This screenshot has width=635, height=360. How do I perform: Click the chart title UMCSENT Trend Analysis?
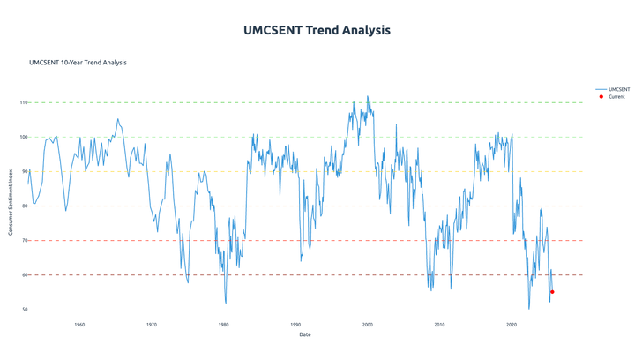coord(317,30)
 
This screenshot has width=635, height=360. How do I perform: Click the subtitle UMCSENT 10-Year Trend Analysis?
coord(78,63)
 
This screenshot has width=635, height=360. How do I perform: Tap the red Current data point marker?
coord(552,292)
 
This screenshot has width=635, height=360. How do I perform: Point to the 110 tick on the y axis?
coord(23,102)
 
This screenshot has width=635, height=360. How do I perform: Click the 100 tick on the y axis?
coord(23,137)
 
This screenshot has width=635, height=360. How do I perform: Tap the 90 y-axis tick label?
coord(25,171)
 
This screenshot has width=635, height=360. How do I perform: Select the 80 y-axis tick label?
coord(25,206)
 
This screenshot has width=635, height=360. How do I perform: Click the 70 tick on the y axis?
coord(25,240)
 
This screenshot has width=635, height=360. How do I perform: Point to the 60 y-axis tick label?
coord(25,274)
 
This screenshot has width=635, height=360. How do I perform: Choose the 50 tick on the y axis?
coord(25,309)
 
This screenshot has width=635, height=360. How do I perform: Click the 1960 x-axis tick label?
coord(79,325)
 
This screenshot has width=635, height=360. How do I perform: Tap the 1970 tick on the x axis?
coord(152,325)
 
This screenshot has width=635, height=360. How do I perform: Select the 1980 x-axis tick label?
coord(223,325)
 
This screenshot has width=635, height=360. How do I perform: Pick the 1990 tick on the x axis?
coord(295,325)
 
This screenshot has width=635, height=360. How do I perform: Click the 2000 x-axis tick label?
coord(367,325)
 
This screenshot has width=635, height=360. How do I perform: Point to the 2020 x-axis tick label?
coord(512,325)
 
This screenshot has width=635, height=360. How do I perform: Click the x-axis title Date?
coord(304,334)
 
